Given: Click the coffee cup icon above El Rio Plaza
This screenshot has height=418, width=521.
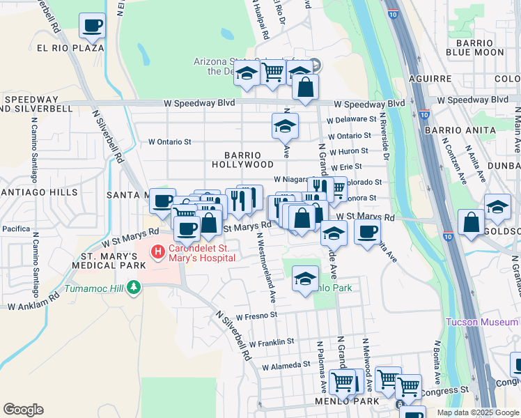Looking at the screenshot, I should [x=93, y=27].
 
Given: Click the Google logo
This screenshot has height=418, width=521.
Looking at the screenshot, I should [x=24, y=410].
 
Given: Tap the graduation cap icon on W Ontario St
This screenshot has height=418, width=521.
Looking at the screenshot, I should [x=285, y=127].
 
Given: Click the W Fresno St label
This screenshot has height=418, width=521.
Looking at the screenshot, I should [x=257, y=316].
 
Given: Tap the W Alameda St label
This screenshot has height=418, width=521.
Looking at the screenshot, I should [x=286, y=365].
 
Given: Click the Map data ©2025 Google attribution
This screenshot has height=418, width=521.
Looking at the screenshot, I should [x=478, y=412].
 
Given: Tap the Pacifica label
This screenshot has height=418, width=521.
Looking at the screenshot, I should [x=16, y=228].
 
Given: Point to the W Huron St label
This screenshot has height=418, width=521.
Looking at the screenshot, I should [x=349, y=151].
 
